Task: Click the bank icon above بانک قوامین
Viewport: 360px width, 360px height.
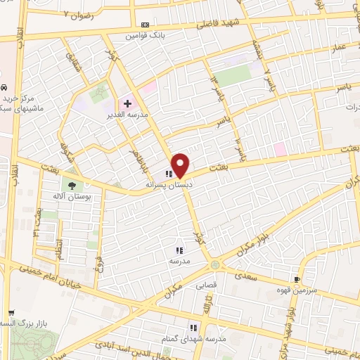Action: point(145,25)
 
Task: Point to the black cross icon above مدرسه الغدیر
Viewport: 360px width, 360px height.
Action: point(127,103)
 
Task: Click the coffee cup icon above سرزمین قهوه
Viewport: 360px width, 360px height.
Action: point(305,279)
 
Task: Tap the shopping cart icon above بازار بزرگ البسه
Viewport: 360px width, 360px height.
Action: point(10,313)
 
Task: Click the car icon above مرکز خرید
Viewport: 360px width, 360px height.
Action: point(4,88)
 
